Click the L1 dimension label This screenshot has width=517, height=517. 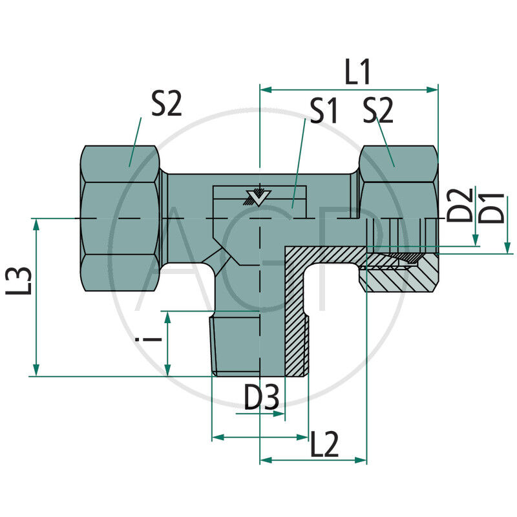coord(357,72)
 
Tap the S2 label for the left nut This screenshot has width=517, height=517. coord(167,104)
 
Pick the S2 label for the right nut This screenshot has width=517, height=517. coord(377,112)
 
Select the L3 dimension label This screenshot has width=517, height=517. coord(19,282)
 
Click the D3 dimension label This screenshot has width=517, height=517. coord(262,398)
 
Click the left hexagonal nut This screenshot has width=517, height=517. coord(120,218)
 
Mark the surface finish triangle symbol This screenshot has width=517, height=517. coord(258,197)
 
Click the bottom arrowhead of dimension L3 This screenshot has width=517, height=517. coord(37,370)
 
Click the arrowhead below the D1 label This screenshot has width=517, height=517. coord(507,246)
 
